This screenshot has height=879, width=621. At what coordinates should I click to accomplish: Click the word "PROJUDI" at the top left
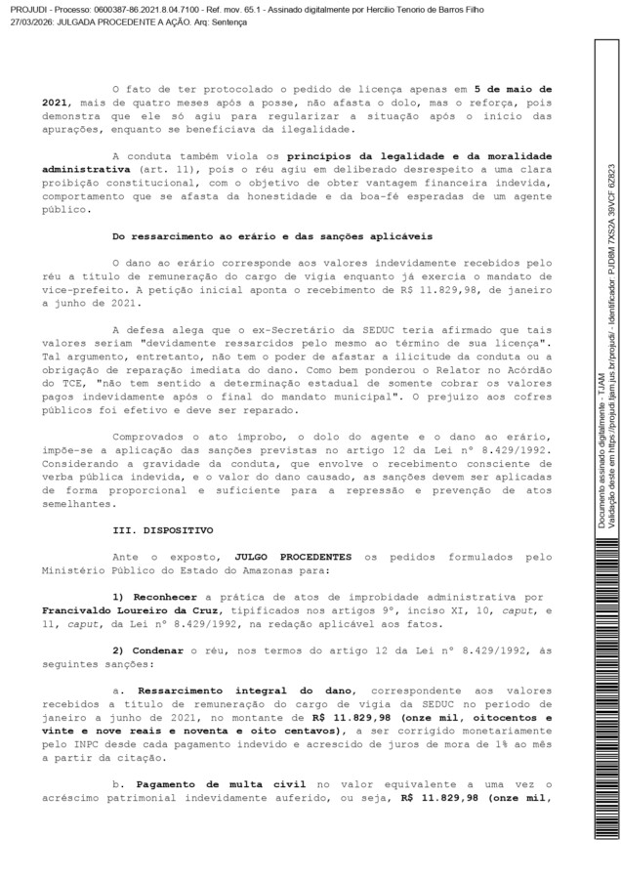22,6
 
